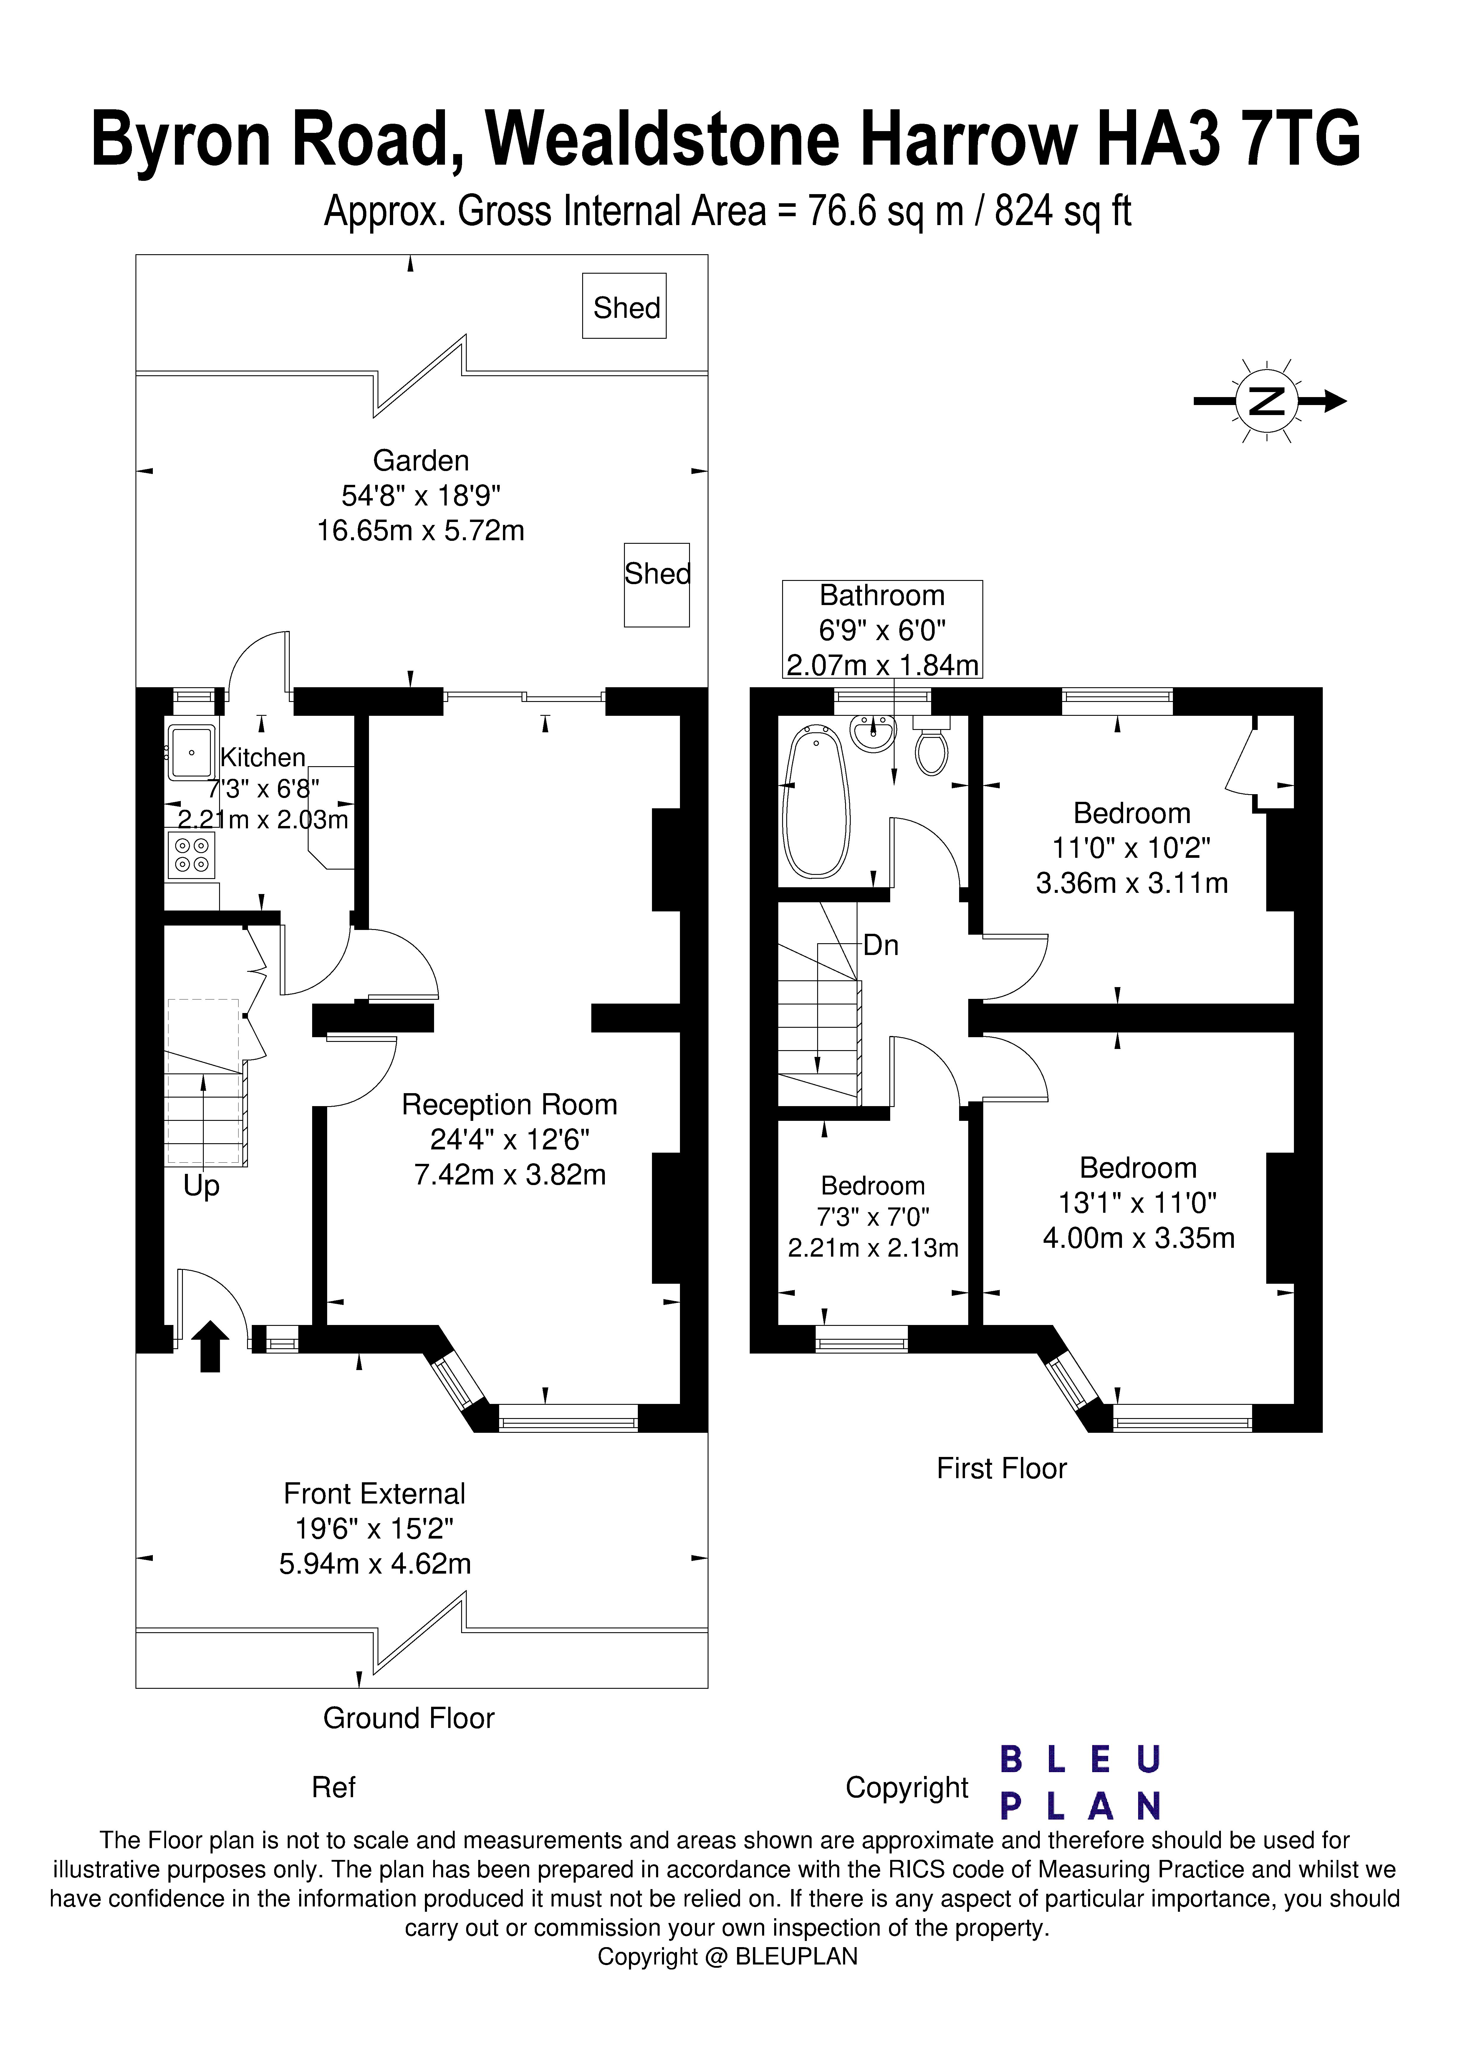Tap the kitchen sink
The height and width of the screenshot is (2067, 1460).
(x=191, y=752)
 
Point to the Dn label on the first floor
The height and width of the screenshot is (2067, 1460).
(x=880, y=945)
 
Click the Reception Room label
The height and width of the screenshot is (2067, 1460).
(x=509, y=1105)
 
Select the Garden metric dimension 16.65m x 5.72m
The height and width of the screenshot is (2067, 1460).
(x=420, y=530)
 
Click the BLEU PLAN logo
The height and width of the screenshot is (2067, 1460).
(x=1080, y=1782)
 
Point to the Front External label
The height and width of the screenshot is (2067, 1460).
(x=375, y=1493)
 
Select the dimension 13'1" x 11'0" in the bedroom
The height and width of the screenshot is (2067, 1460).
(x=1138, y=1203)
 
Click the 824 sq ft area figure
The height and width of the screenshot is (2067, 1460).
(x=1062, y=212)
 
